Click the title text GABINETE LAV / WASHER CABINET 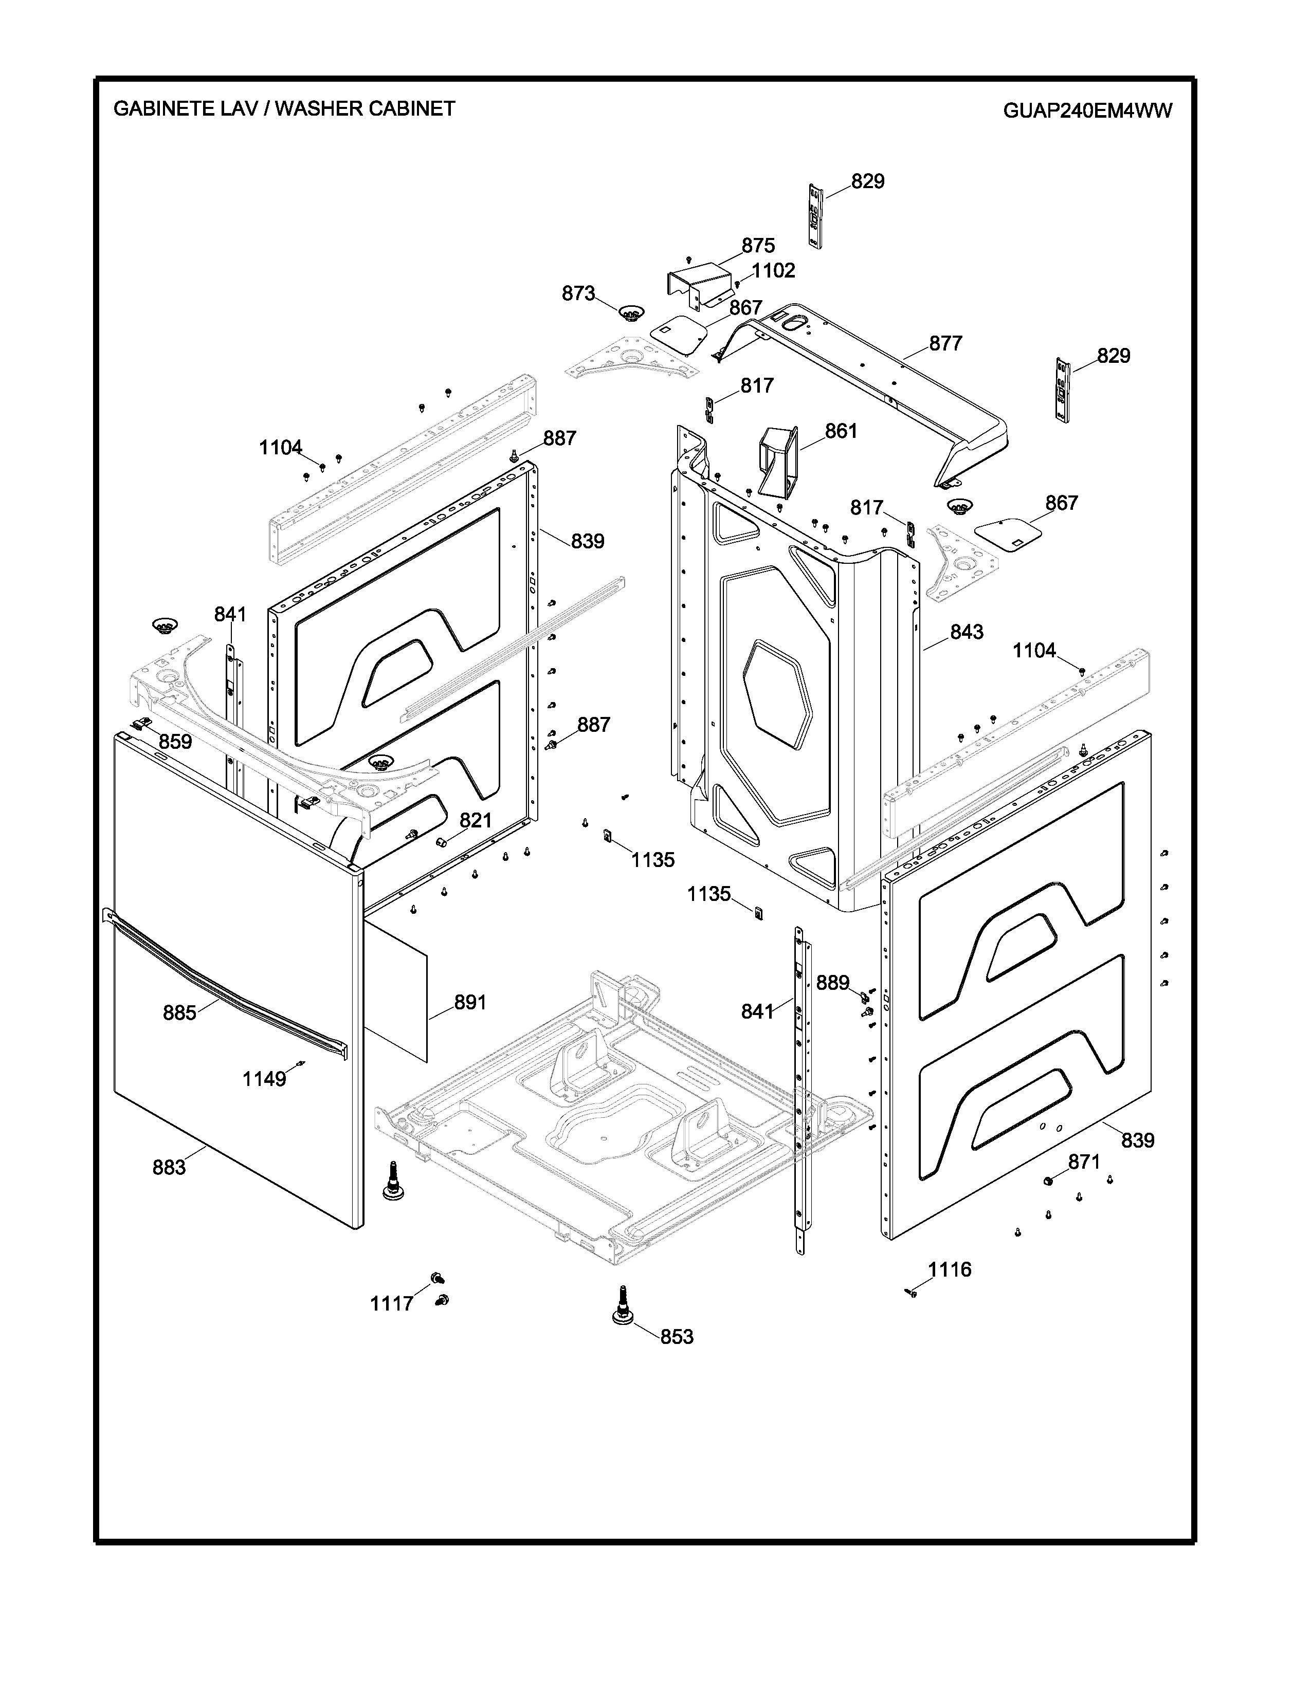coord(284,108)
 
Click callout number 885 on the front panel coord(179,1012)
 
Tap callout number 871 coord(1084,1184)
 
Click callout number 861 coord(841,431)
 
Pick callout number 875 coord(758,245)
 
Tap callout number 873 coord(578,293)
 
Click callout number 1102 coord(774,270)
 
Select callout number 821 coord(476,821)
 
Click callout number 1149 coord(264,1079)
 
